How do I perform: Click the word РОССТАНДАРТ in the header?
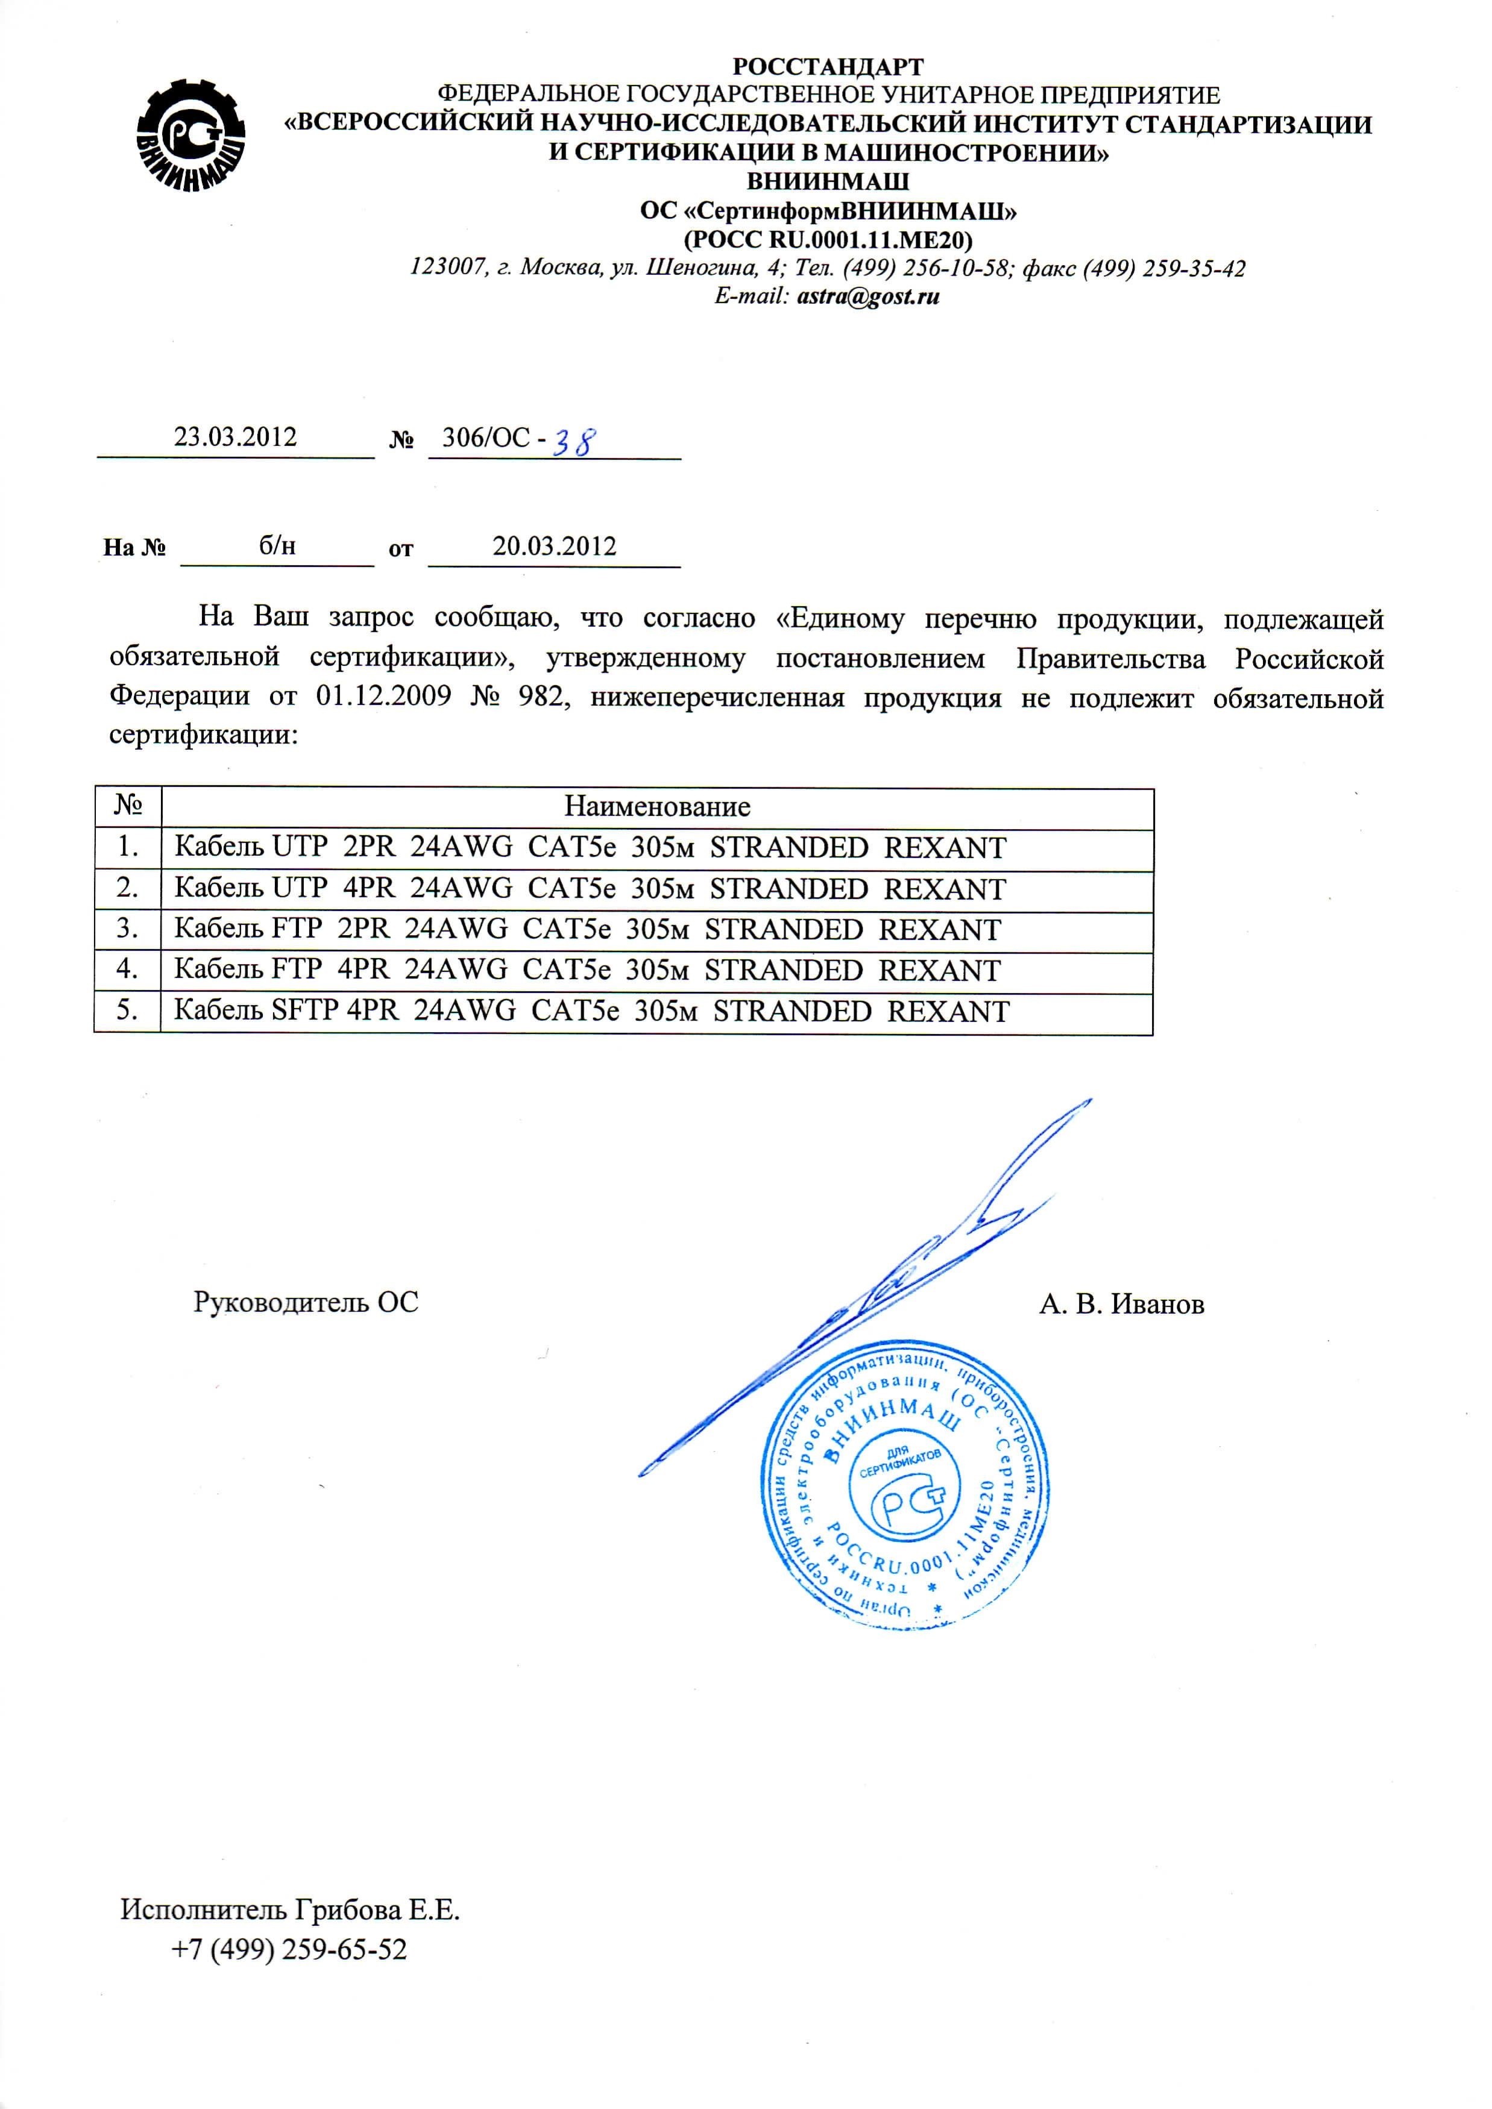pos(828,67)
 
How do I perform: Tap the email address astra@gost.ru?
pos(868,296)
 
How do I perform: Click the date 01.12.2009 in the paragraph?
pos(383,697)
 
